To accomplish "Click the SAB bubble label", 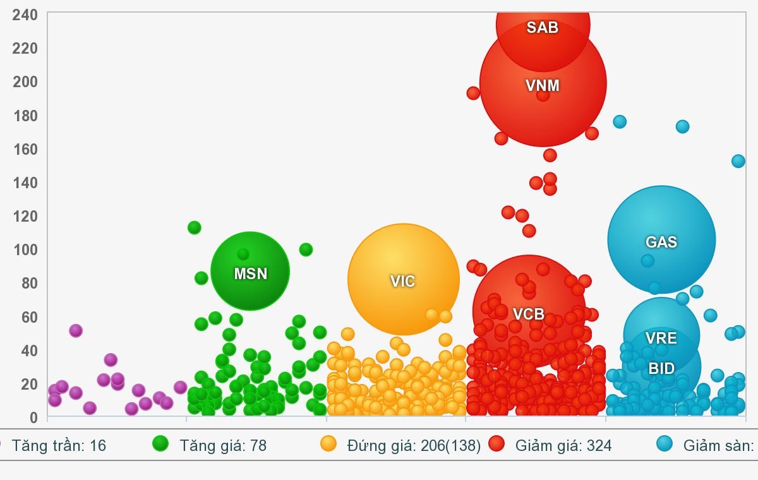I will (543, 27).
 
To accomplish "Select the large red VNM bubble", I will (543, 95).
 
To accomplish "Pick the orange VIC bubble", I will (403, 280).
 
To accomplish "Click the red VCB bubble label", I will (528, 314).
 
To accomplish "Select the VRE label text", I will (661, 338).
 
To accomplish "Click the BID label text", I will (661, 368).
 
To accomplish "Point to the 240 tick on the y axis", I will (25, 15).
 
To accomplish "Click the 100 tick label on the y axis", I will (25, 249).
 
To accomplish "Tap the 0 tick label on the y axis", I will (33, 417).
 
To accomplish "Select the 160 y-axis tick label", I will (25, 149).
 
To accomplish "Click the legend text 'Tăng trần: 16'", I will (59, 446).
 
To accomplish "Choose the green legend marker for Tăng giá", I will (160, 444).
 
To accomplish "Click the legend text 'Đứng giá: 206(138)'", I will (414, 446).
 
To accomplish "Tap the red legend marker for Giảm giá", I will (496, 444).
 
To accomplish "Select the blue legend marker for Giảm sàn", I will (664, 444).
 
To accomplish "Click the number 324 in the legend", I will (599, 446).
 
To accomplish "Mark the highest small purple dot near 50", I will (76, 330).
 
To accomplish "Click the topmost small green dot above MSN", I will (195, 227).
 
